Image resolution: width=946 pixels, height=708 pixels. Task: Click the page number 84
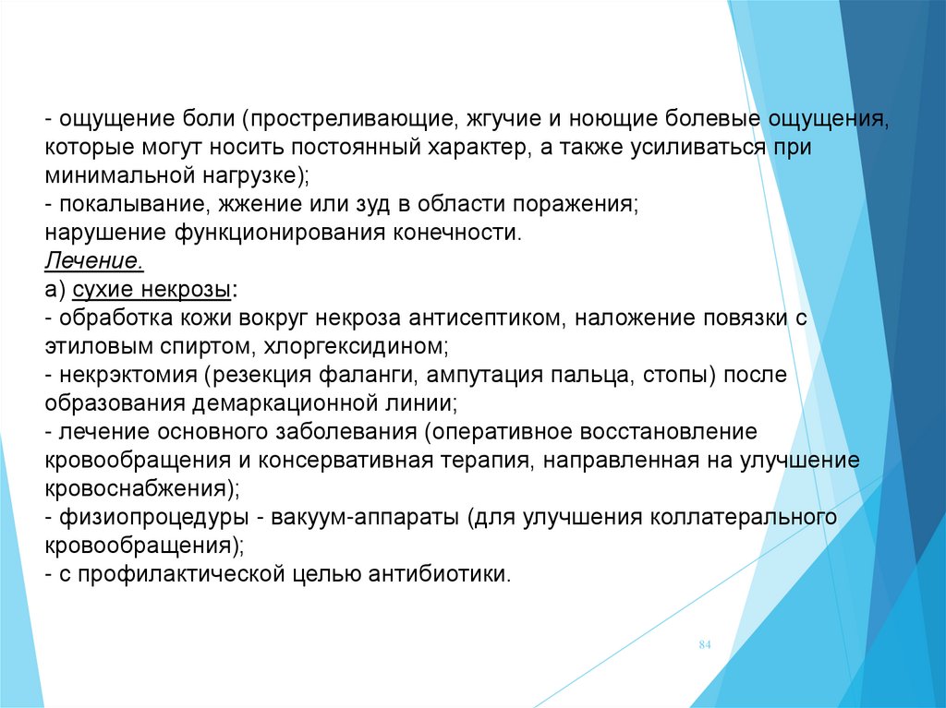click(705, 644)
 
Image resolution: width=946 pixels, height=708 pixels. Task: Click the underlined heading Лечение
click(94, 261)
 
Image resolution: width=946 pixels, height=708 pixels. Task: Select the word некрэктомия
click(128, 375)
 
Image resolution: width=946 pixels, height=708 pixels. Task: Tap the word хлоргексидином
click(356, 347)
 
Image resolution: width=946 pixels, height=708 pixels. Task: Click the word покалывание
click(135, 204)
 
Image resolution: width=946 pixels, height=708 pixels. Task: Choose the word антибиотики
click(439, 573)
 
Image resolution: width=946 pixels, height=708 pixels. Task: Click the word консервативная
click(346, 461)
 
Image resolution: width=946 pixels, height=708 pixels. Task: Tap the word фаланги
click(369, 375)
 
